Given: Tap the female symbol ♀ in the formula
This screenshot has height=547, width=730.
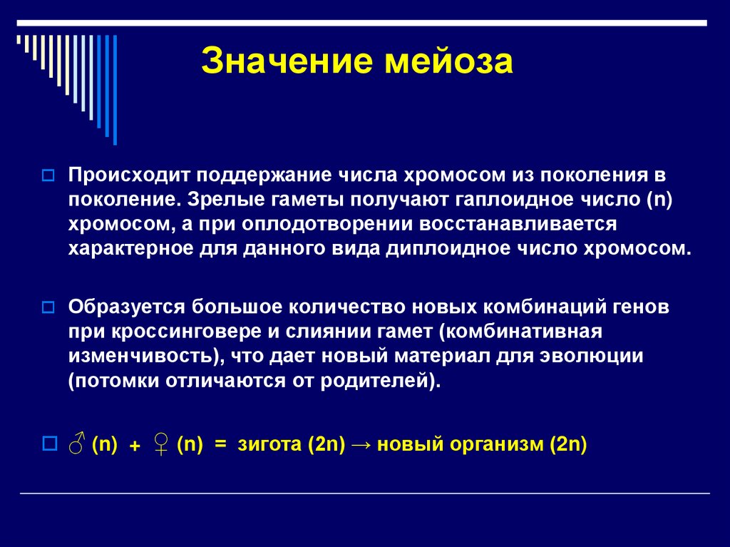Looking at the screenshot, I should click(160, 444).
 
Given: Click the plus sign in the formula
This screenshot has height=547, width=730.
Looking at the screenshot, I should click(133, 446).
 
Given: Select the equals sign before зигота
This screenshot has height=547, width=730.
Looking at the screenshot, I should click(220, 444).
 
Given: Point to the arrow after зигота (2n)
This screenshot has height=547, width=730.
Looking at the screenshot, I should click(361, 444).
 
